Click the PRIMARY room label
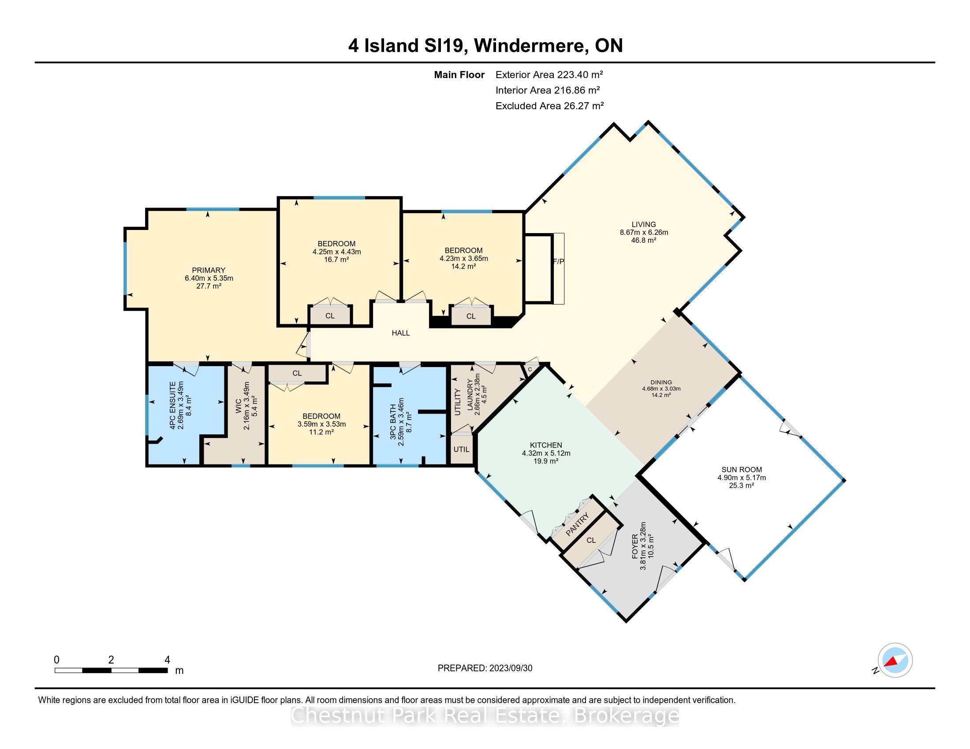click(x=208, y=270)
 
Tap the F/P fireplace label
click(x=558, y=262)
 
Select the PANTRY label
click(x=578, y=524)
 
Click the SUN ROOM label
click(x=741, y=470)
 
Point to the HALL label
click(x=401, y=333)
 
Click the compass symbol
click(x=895, y=660)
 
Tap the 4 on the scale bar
click(x=167, y=660)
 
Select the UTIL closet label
click(x=462, y=449)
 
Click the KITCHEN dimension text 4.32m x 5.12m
click(x=546, y=453)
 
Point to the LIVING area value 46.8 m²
click(x=644, y=240)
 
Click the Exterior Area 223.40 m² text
click(x=549, y=74)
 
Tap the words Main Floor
click(x=459, y=75)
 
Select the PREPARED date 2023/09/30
click(x=510, y=668)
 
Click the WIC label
click(x=238, y=406)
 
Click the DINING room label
click(x=661, y=382)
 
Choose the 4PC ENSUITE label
click(x=173, y=405)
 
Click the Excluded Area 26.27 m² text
click(x=549, y=106)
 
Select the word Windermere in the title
click(x=532, y=46)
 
